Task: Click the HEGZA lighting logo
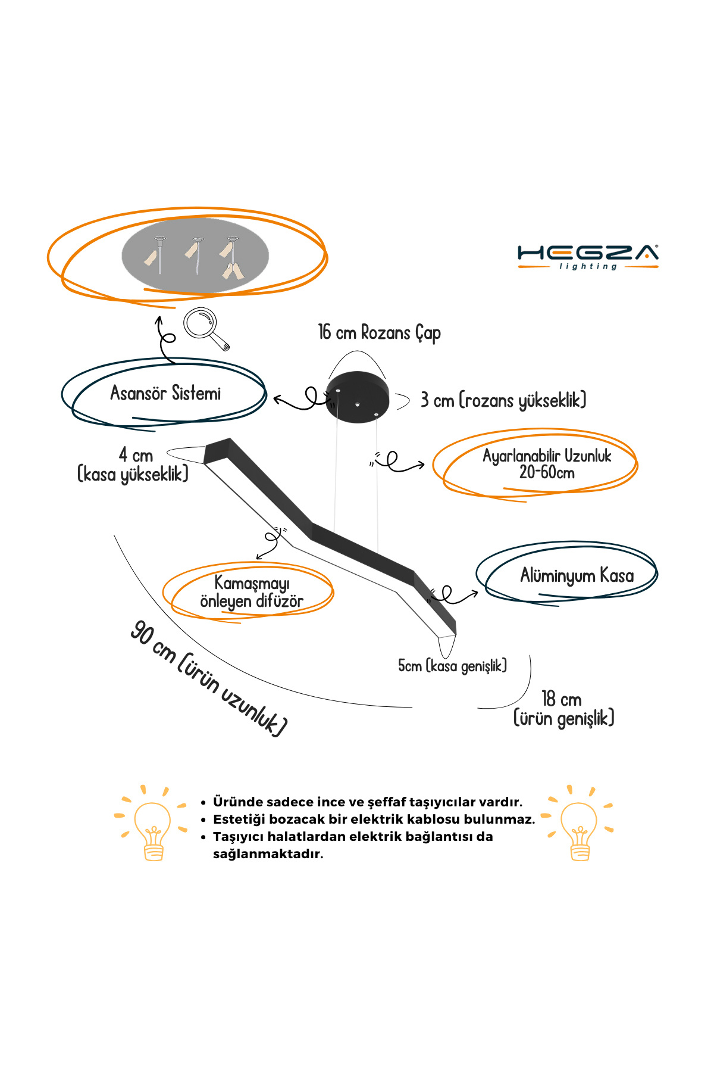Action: [x=588, y=257]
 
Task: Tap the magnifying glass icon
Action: [x=205, y=327]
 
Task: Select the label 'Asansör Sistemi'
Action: [x=165, y=393]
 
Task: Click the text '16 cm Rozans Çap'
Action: [x=379, y=332]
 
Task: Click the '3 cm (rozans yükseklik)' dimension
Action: [x=503, y=400]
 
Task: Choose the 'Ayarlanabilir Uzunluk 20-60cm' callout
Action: [x=547, y=464]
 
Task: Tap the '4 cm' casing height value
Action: [x=136, y=456]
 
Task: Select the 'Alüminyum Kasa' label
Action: [x=577, y=575]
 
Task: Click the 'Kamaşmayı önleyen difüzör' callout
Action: [x=252, y=592]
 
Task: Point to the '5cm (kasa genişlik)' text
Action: [x=452, y=666]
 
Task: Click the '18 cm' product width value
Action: [x=561, y=699]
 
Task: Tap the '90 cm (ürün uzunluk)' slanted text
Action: [x=208, y=678]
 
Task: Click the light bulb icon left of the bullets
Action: [x=152, y=825]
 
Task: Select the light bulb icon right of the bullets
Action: [x=579, y=825]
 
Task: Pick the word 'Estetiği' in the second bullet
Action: [x=239, y=819]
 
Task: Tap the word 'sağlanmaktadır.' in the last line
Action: [x=268, y=854]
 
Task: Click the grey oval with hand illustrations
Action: [x=195, y=255]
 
